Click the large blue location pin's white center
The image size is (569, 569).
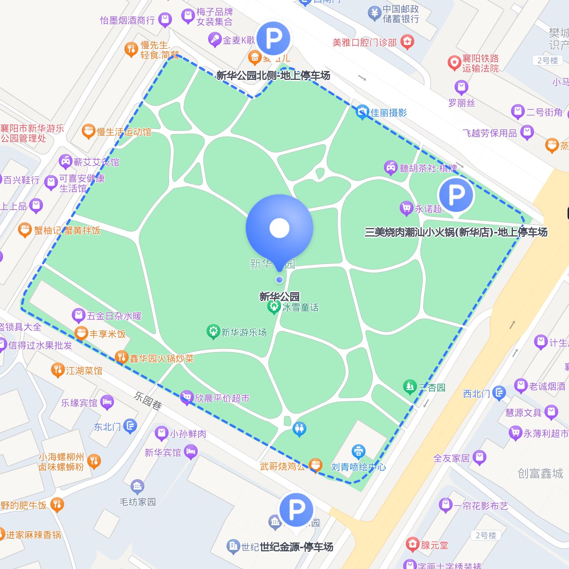[280, 228]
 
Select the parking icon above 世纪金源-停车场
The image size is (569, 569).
[296, 510]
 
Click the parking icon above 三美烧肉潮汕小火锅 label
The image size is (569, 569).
[456, 195]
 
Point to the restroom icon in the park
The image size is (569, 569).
[299, 428]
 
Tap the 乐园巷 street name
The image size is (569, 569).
[148, 400]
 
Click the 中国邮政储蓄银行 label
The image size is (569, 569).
[400, 14]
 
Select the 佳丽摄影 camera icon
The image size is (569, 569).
[362, 112]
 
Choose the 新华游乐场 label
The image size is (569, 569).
[244, 332]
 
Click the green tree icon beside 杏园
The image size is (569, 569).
[410, 386]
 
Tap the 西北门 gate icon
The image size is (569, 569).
[499, 393]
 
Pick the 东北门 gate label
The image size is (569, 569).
[108, 427]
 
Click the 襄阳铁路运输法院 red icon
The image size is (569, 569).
[454, 63]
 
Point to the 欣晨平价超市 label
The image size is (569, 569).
[222, 398]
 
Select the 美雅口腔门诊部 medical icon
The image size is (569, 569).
[407, 41]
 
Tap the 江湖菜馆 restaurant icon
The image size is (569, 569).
[58, 370]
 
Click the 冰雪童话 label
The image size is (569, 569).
[300, 307]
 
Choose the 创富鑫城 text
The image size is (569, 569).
[540, 473]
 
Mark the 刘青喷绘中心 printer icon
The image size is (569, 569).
[358, 452]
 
